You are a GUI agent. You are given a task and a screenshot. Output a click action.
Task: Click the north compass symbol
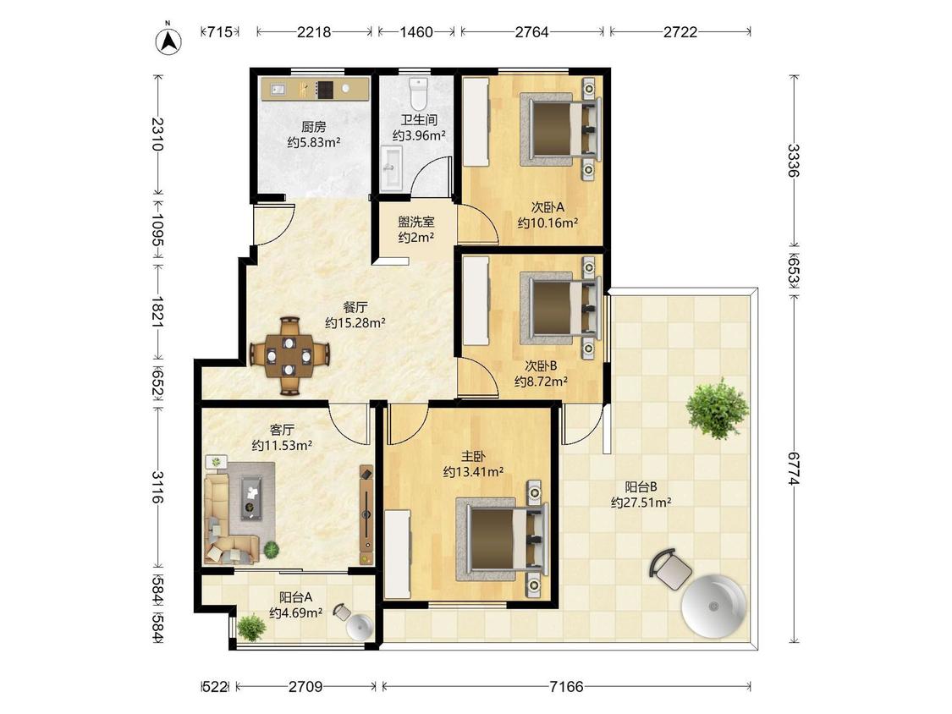pos(168,41)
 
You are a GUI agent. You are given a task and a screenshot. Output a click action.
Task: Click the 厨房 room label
pos(314,127)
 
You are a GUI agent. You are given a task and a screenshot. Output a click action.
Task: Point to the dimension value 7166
pos(566,687)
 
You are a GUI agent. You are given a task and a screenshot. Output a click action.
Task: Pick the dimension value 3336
pos(793,160)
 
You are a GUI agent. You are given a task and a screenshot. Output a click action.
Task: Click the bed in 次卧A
pos(559,129)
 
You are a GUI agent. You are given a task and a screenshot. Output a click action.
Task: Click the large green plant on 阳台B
pos(717,408)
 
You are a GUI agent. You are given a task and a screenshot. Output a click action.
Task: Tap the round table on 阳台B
pos(713,606)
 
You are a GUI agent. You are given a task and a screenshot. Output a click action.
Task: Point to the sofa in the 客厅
pos(228,517)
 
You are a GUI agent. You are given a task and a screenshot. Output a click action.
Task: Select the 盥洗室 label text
pos(415,222)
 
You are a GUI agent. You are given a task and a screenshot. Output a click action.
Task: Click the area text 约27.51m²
pos(641,503)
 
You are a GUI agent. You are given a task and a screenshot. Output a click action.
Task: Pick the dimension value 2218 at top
pos(313,31)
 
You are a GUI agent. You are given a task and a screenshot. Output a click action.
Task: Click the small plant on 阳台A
pos(250,628)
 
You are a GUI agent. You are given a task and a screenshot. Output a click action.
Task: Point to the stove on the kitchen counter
pos(325,90)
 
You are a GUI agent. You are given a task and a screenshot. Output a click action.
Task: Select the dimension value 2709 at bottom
pos(305,687)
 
